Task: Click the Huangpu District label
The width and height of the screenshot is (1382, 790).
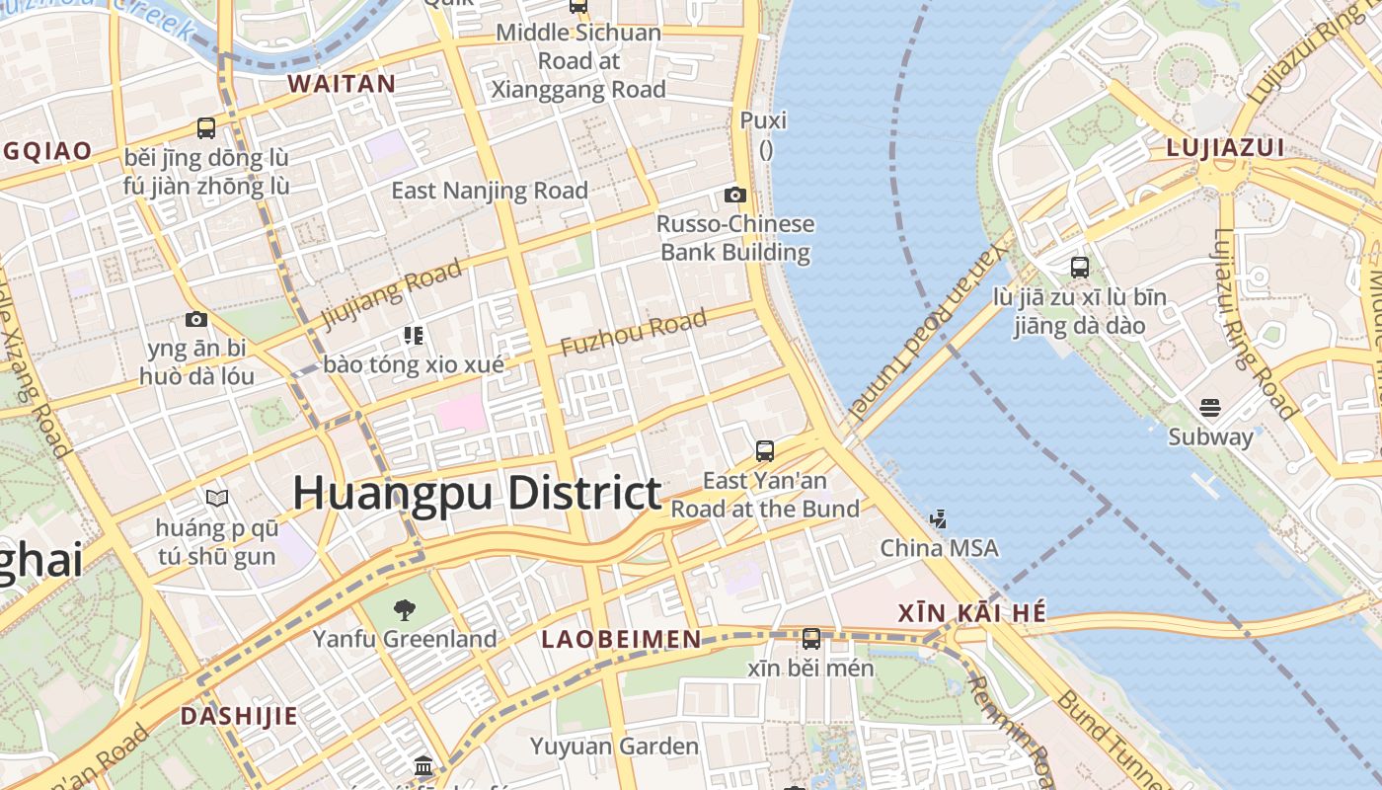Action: pos(477,493)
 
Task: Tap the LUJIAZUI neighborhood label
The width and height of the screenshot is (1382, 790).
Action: pos(1225,148)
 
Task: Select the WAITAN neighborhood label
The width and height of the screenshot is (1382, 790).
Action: pos(342,84)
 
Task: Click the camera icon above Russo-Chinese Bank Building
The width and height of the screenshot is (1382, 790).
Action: pos(735,195)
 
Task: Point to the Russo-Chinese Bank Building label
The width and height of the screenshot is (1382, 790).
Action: pos(735,238)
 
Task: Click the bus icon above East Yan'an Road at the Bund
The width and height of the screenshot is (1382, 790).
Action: pos(765,451)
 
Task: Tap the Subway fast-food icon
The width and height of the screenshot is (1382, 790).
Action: pos(1210,408)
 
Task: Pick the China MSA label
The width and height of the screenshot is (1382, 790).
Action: pos(939,548)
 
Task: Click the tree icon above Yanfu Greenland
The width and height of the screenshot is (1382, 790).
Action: pos(404,609)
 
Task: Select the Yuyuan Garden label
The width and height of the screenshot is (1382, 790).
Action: pos(614,746)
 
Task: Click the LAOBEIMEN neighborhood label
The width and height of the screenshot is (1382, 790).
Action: pos(621,639)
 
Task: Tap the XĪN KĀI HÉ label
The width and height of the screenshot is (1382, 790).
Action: pos(972,613)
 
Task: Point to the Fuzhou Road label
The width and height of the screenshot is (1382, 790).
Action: pos(634,333)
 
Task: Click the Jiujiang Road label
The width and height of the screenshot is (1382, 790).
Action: pos(392,292)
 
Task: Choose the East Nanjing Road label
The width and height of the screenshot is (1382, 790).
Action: pos(490,190)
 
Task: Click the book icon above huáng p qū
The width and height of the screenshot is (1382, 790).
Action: pos(217,499)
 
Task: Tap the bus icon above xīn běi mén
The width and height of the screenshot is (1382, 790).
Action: pos(811,639)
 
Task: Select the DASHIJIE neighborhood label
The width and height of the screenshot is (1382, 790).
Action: pos(238,716)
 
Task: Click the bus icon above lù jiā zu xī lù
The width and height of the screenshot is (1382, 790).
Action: pos(1080,267)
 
